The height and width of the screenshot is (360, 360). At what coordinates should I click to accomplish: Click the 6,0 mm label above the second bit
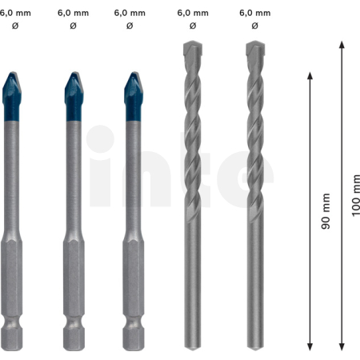click(74, 13)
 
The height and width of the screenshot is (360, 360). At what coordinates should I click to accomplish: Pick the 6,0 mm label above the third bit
click(130, 13)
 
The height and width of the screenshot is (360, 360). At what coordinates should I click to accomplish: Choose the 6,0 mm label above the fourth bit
click(193, 13)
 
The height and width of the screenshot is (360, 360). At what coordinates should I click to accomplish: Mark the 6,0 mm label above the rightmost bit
click(254, 13)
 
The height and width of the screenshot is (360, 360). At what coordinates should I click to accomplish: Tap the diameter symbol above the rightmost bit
click(254, 26)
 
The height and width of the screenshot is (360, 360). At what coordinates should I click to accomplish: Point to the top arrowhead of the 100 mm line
click(342, 45)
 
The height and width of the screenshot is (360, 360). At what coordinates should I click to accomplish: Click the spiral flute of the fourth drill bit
click(193, 144)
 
